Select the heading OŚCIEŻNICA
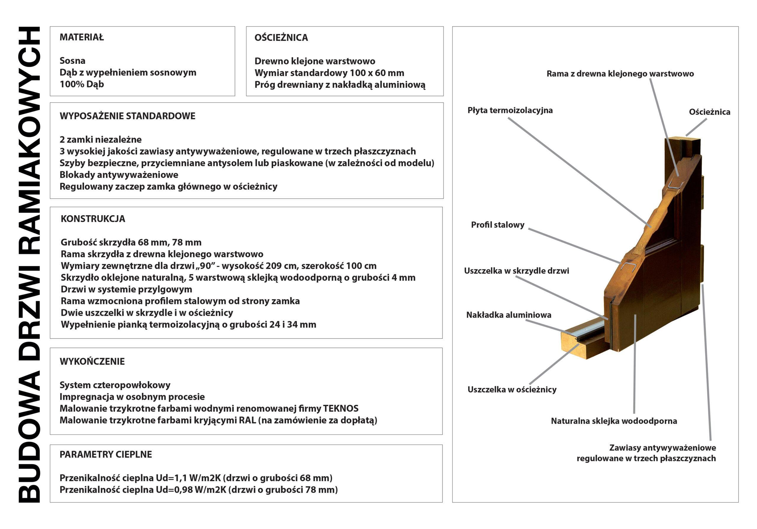point(281,38)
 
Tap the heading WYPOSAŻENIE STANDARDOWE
point(127,116)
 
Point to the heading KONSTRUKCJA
point(93,219)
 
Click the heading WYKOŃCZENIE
point(92,362)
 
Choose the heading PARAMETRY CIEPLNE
point(106,454)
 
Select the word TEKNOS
point(341,409)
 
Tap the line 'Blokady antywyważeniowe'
point(119,175)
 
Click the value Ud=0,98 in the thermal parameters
point(174,490)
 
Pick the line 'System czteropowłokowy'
point(115,385)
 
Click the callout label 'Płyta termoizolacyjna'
point(510,110)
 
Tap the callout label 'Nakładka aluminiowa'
point(508,315)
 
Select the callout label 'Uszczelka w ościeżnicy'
point(512,390)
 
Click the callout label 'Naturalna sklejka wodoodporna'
point(614,421)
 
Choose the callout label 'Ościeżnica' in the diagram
point(709,112)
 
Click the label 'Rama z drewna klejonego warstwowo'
point(620,74)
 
